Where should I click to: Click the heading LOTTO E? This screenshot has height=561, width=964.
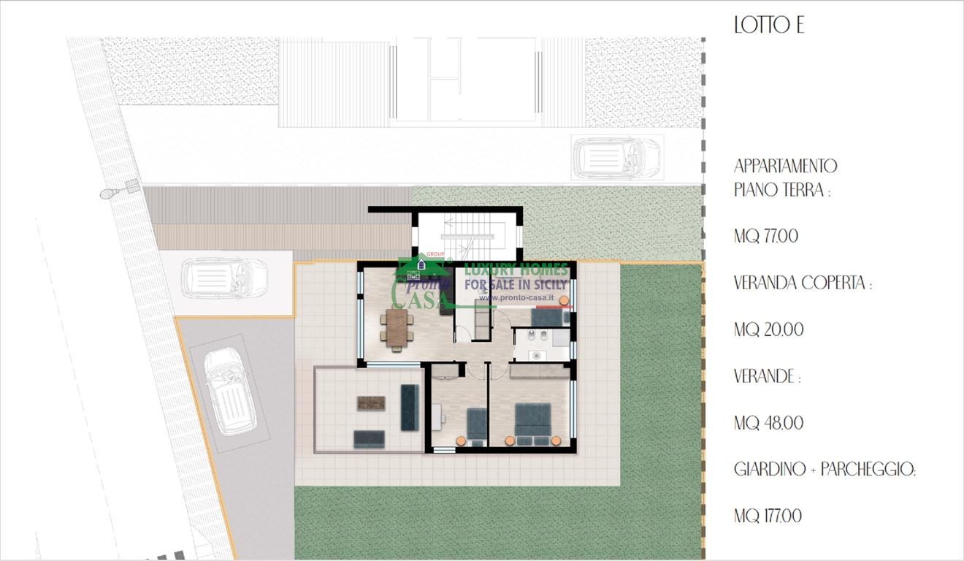pos(769,25)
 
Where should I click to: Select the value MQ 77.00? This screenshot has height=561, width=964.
pos(766,236)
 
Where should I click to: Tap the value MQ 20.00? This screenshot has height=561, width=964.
pos(768,329)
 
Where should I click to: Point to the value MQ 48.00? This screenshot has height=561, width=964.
pos(768,423)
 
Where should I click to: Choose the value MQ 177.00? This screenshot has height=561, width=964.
pos(768,516)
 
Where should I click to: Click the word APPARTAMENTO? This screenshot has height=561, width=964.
pos(785,167)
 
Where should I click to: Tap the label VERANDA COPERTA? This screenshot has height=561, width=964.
pos(800,283)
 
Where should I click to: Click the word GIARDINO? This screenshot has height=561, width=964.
pos(770,469)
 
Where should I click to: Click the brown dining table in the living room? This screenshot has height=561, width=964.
pos(397,328)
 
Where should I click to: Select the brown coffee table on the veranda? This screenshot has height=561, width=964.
pos(371,403)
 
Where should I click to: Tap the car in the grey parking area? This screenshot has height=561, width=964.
pos(230,391)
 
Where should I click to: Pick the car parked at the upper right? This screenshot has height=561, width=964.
pos(616,158)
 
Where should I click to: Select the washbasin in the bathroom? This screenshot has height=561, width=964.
pos(536,356)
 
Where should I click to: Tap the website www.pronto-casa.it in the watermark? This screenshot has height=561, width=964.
pos(516,297)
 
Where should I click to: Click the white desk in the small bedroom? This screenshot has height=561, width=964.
pos(437,417)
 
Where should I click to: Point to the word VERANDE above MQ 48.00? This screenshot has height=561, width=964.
pos(765,376)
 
